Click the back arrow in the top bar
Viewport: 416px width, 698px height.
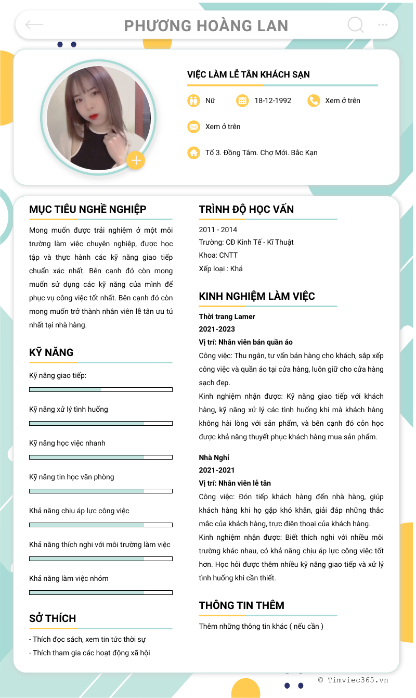(x=34, y=24)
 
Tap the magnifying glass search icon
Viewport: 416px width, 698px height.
(x=355, y=24)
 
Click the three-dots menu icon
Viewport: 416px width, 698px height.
(x=383, y=24)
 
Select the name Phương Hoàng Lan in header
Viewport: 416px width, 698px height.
(x=206, y=26)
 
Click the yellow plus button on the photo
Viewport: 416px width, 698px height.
(x=136, y=160)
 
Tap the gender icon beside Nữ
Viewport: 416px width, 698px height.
(x=193, y=100)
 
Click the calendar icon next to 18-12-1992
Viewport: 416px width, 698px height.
(x=242, y=100)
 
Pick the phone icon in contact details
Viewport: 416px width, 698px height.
(x=314, y=100)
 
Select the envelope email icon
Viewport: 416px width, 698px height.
(x=193, y=126)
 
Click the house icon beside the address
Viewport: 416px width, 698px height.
(x=193, y=153)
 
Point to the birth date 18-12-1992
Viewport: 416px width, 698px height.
(x=272, y=100)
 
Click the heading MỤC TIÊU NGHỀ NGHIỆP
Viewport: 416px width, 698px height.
(x=87, y=209)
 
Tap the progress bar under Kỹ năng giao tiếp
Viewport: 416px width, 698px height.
(x=100, y=389)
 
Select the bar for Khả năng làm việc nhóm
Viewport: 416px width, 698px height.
(x=100, y=592)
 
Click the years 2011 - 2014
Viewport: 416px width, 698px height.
(x=218, y=230)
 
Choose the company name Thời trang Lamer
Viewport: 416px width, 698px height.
(x=227, y=316)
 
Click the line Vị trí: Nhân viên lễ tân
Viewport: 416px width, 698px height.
(x=235, y=483)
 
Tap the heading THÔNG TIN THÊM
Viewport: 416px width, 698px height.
(x=241, y=605)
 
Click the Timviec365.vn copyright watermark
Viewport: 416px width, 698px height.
(x=353, y=680)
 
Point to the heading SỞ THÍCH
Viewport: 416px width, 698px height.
(x=53, y=618)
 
